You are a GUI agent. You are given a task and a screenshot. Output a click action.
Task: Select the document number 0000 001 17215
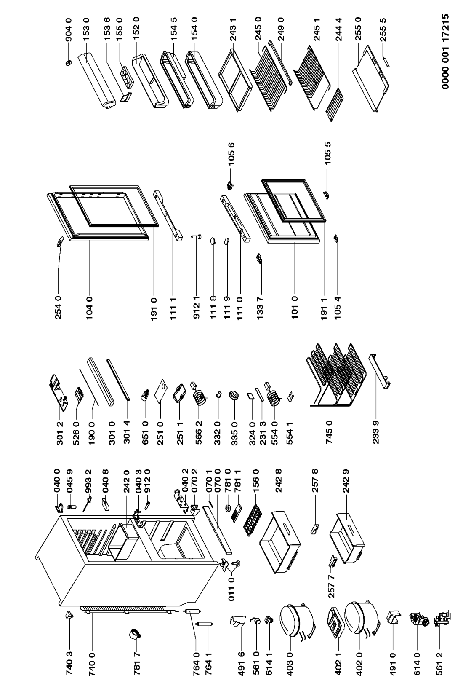(x=447, y=51)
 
